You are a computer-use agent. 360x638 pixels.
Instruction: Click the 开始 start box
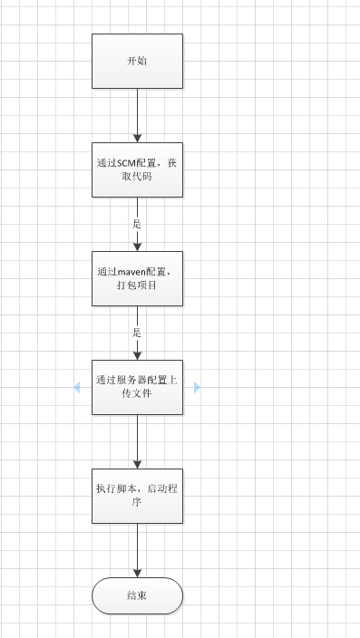pyautogui.click(x=137, y=61)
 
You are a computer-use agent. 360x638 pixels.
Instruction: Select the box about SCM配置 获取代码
pyautogui.click(x=137, y=169)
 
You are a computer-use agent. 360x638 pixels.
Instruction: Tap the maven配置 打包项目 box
pyautogui.click(x=137, y=278)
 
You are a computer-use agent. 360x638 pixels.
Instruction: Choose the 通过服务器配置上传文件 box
pyautogui.click(x=137, y=387)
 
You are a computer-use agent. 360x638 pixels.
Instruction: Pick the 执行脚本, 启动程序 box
pyautogui.click(x=137, y=496)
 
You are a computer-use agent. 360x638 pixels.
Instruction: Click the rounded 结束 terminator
pyautogui.click(x=137, y=595)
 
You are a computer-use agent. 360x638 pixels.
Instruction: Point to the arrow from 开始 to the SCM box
pyautogui.click(x=137, y=115)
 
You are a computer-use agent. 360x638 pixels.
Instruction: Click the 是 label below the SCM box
pyautogui.click(x=137, y=223)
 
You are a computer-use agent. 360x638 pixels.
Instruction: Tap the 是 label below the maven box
pyautogui.click(x=137, y=332)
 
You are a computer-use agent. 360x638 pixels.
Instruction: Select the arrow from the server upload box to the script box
pyautogui.click(x=137, y=441)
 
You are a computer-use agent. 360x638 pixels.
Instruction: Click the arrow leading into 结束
pyautogui.click(x=137, y=550)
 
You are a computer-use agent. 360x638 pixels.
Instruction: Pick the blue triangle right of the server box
pyautogui.click(x=197, y=387)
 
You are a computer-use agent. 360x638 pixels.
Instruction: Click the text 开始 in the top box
pyautogui.click(x=137, y=61)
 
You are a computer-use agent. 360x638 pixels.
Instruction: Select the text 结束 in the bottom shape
pyautogui.click(x=137, y=595)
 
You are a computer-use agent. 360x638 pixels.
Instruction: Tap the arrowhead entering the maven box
pyautogui.click(x=137, y=246)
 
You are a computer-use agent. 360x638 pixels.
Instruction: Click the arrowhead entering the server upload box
pyautogui.click(x=137, y=354)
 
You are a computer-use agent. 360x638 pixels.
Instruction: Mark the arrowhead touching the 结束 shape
pyautogui.click(x=137, y=573)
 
